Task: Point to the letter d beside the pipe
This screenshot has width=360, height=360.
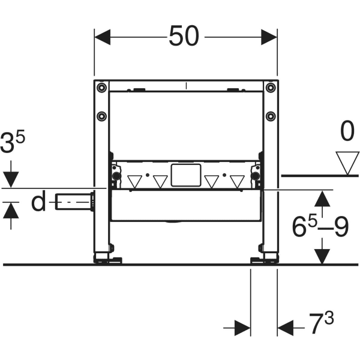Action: click(38, 202)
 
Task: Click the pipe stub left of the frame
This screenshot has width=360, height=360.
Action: click(76, 202)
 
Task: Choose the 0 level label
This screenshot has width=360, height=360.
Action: click(347, 131)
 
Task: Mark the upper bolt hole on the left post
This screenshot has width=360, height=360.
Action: click(102, 88)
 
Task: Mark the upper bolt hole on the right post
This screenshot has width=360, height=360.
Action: click(271, 88)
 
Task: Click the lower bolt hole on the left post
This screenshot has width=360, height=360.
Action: click(102, 115)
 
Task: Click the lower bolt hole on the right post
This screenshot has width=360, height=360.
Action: click(271, 115)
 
